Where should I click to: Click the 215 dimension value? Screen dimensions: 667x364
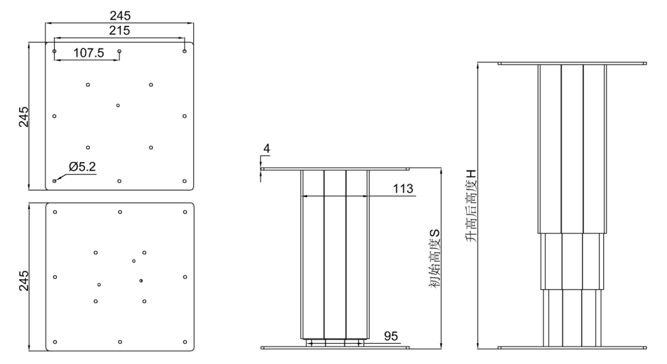(x=120, y=30)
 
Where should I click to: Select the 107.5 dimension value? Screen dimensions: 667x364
(x=89, y=53)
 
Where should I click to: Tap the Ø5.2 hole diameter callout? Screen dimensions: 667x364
(x=82, y=167)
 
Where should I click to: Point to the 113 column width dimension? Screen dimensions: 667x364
(x=403, y=188)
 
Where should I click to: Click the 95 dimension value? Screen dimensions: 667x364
(x=391, y=336)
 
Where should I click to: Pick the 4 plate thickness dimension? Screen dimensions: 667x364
(x=267, y=149)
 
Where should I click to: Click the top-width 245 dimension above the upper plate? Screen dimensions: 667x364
(x=120, y=15)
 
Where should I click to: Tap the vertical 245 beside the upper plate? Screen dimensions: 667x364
(x=24, y=116)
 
